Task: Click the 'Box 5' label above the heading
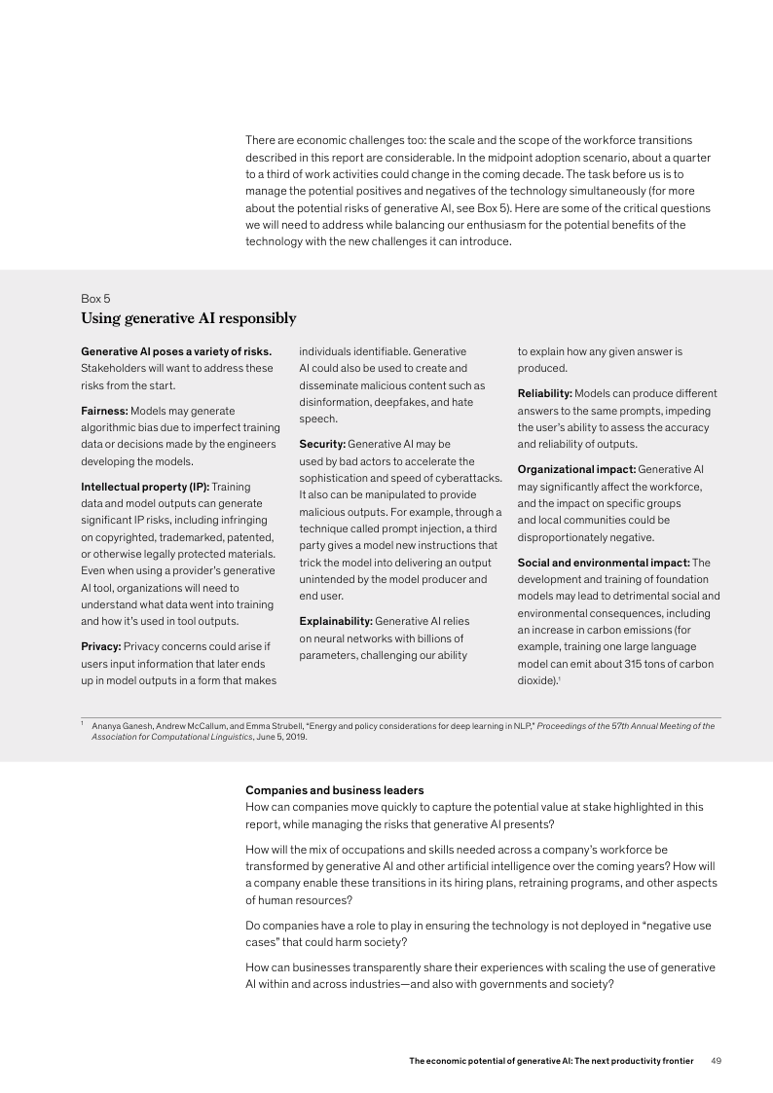click(x=95, y=299)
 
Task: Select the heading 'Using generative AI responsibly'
click(x=188, y=318)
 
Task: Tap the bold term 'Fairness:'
click(x=104, y=411)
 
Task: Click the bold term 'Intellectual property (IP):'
click(x=144, y=486)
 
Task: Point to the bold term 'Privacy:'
click(x=100, y=645)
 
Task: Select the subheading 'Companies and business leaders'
click(x=334, y=789)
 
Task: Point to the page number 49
click(x=717, y=1060)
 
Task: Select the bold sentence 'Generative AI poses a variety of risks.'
click(x=175, y=350)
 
